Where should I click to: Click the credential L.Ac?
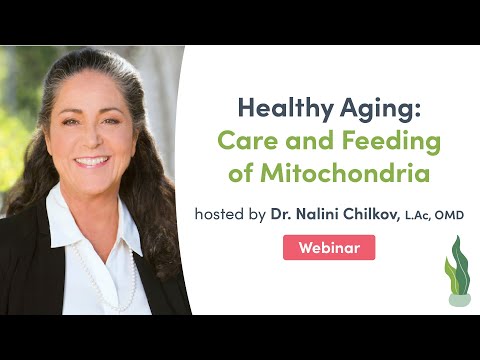click(x=417, y=214)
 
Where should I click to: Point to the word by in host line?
click(x=257, y=214)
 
